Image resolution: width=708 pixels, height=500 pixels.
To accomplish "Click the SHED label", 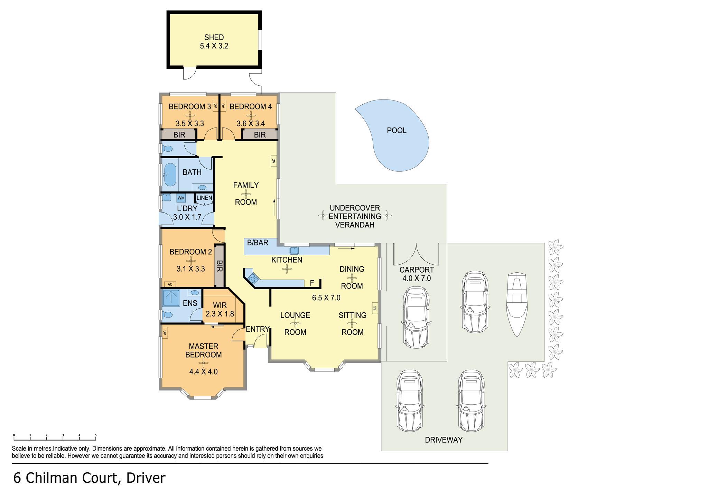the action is click(x=214, y=37).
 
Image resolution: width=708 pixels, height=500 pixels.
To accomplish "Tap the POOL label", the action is click(x=397, y=130).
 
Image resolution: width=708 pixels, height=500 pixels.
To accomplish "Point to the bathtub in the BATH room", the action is click(x=169, y=174).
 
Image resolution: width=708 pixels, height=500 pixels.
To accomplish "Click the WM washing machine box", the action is click(x=181, y=198).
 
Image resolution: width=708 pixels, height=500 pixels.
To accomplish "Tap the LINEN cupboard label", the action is click(x=204, y=198).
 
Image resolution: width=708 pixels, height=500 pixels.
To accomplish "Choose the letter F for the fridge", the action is click(x=312, y=283).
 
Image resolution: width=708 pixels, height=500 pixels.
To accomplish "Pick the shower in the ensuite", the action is click(x=171, y=298).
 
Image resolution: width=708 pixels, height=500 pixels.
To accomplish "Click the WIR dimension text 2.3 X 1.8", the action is click(x=220, y=314).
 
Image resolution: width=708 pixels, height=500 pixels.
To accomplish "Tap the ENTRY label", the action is click(x=258, y=329).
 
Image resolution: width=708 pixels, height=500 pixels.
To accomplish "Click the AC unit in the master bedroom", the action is click(x=165, y=332).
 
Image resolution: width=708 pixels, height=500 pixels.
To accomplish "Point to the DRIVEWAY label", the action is click(x=444, y=440).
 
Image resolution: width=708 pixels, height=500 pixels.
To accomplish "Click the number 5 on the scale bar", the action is click(x=96, y=435).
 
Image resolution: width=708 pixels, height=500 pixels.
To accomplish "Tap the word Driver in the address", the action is click(x=146, y=478).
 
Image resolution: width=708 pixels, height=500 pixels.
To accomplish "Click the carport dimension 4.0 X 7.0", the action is click(x=417, y=278).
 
